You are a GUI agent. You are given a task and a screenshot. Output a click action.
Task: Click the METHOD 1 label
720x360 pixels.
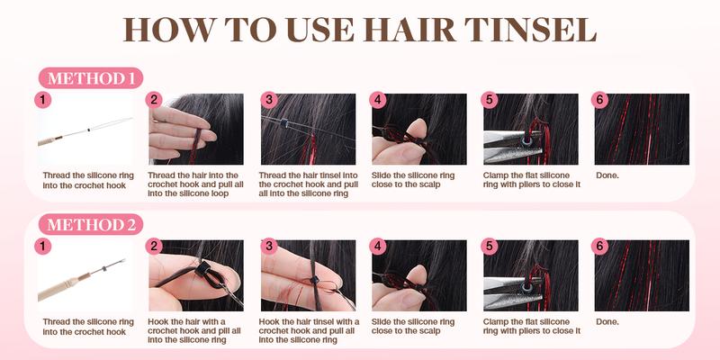click(x=90, y=77)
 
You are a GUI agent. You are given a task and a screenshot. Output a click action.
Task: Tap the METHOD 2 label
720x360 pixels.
click(x=90, y=223)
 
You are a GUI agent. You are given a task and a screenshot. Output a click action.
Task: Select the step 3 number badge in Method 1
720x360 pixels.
click(x=266, y=101)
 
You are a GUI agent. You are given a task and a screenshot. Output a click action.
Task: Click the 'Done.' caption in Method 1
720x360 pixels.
click(x=607, y=174)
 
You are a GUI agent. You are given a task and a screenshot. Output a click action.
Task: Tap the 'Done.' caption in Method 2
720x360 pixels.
click(x=607, y=320)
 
